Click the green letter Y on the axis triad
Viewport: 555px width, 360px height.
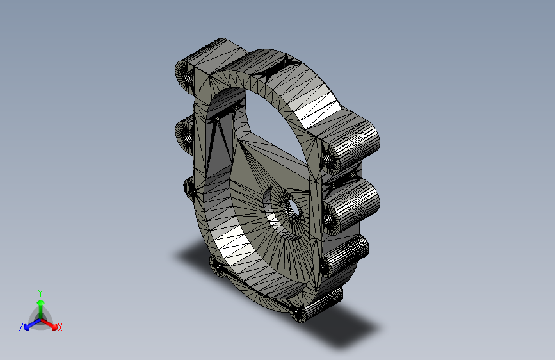(x=40, y=293)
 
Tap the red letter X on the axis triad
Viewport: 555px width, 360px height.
(x=60, y=327)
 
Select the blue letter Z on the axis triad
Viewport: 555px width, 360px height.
(x=21, y=327)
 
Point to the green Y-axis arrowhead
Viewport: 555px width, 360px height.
(x=41, y=302)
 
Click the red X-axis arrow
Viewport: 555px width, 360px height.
(x=49, y=324)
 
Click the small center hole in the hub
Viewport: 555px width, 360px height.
(x=293, y=206)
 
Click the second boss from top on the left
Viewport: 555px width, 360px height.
(x=184, y=135)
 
